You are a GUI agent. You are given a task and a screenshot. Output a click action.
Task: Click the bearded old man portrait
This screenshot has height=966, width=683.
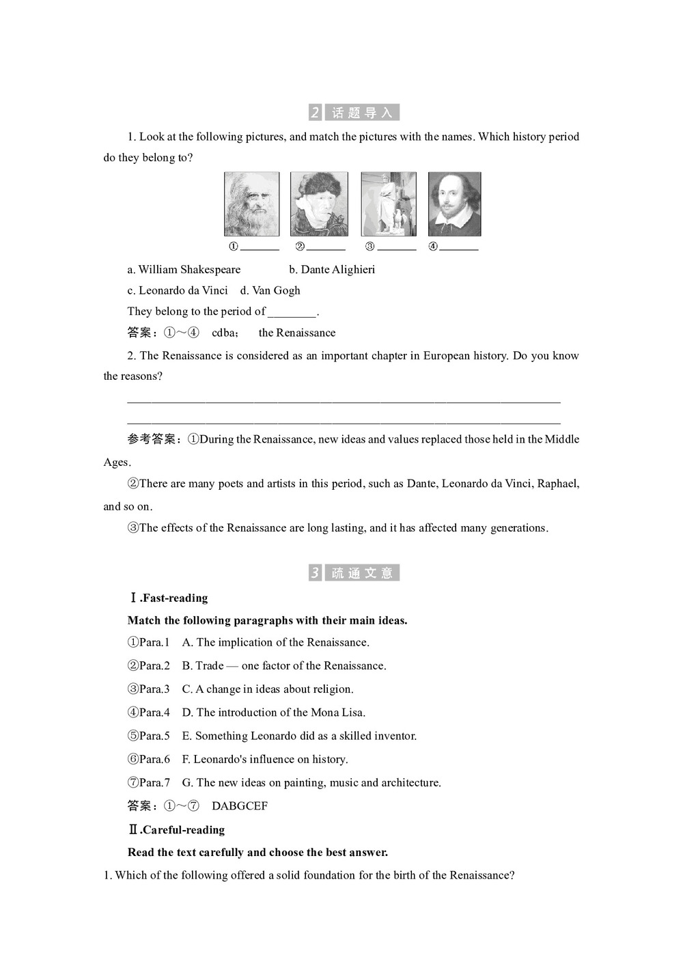[x=251, y=204]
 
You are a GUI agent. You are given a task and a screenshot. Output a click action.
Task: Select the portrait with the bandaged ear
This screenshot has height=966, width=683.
[x=319, y=204]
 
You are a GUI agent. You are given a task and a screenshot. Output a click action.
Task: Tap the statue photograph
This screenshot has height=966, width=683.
[x=388, y=204]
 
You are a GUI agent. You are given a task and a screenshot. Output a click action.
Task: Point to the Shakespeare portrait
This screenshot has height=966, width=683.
[x=454, y=204]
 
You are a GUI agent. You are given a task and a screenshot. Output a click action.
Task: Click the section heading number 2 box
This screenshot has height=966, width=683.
[x=315, y=113]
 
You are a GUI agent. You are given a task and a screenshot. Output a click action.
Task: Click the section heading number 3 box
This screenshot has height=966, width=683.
[x=315, y=572]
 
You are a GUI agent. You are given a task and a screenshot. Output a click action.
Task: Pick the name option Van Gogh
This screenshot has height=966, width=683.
[x=276, y=290]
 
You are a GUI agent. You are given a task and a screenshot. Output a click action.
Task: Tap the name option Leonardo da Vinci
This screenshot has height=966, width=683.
[x=183, y=290]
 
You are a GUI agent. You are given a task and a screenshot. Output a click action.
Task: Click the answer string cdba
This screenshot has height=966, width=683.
[x=225, y=333]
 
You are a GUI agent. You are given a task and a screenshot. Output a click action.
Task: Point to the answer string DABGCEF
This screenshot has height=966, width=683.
[x=239, y=806]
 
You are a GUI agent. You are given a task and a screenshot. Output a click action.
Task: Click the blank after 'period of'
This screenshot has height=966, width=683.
[x=292, y=314]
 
